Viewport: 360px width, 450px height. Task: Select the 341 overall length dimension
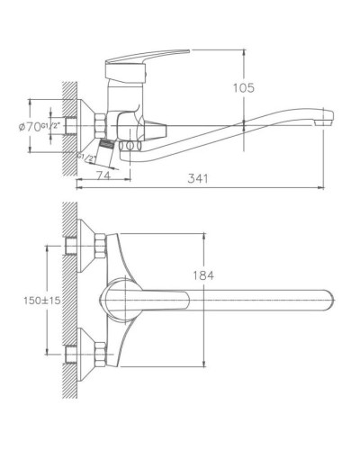pos(200,178)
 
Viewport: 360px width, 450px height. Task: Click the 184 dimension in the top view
pos(205,276)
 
